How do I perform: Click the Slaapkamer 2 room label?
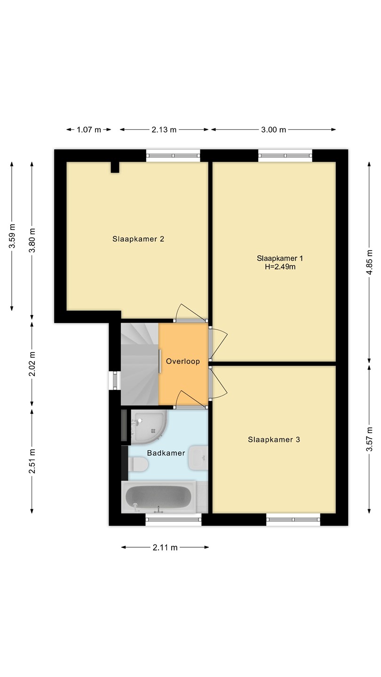pyautogui.click(x=138, y=239)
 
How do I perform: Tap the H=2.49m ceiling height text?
pyautogui.click(x=280, y=267)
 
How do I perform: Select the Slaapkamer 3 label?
pyautogui.click(x=274, y=440)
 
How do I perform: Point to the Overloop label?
pyautogui.click(x=183, y=361)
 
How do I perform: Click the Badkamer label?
pyautogui.click(x=166, y=453)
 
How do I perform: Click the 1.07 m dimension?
pyautogui.click(x=89, y=130)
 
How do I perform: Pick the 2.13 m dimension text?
pyautogui.click(x=164, y=130)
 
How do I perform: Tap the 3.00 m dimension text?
pyautogui.click(x=274, y=130)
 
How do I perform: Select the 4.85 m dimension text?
pyautogui.click(x=369, y=262)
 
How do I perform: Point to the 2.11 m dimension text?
pyautogui.click(x=165, y=547)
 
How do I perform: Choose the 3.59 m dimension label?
pyautogui.click(x=12, y=236)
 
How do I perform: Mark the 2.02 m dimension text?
pyautogui.click(x=32, y=364)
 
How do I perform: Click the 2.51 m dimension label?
pyautogui.click(x=32, y=461)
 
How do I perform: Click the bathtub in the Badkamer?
pyautogui.click(x=159, y=497)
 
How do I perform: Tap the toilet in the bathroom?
pyautogui.click(x=138, y=464)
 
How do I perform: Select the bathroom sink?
pyautogui.click(x=198, y=458)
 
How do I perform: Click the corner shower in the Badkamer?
pyautogui.click(x=149, y=427)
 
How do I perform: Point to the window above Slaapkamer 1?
pyautogui.click(x=285, y=156)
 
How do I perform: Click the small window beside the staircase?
pyautogui.click(x=115, y=380)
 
